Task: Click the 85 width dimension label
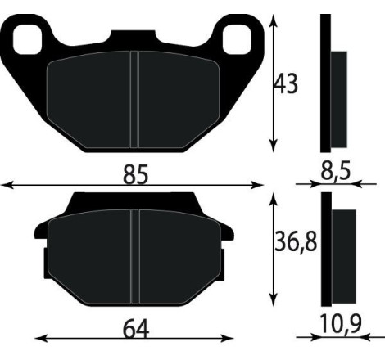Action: pos(135,174)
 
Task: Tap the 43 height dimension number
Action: pos(286,83)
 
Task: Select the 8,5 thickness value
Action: pos(336,172)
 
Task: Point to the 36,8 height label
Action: pos(295,243)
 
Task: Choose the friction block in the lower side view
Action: pos(344,254)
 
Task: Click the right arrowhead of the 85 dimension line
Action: pos(264,186)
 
